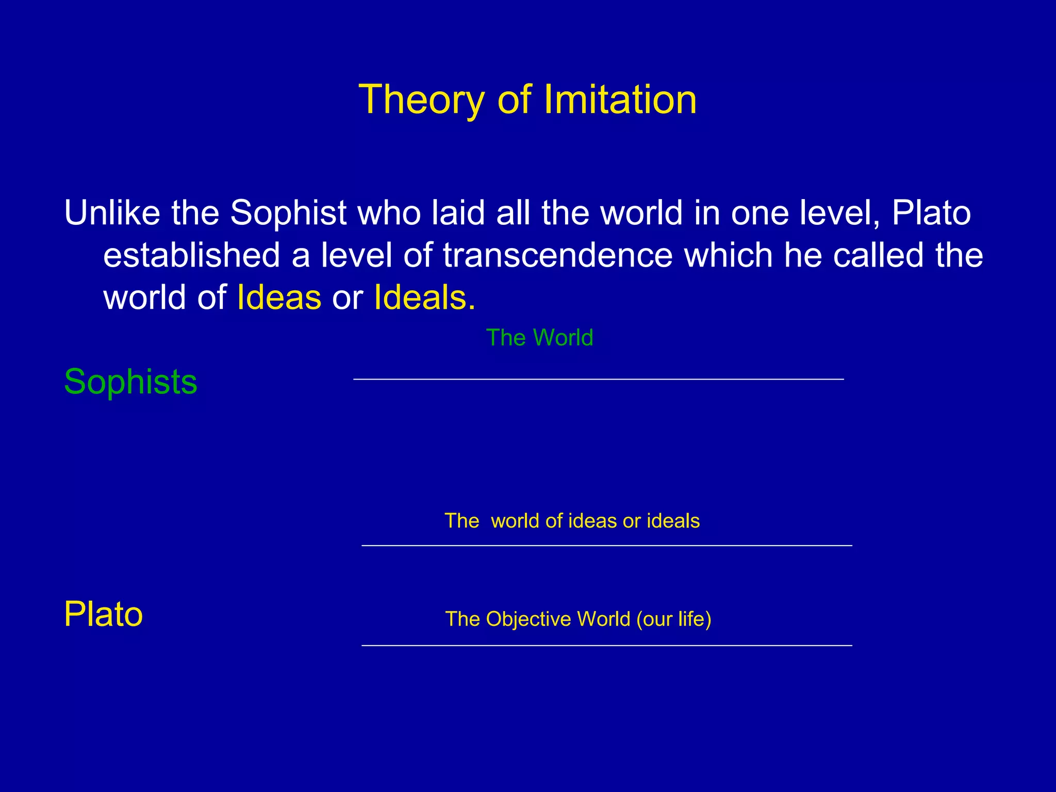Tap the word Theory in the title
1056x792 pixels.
pyautogui.click(x=421, y=100)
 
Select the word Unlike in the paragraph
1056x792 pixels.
pyautogui.click(x=112, y=212)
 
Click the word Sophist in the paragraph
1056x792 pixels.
pyautogui.click(x=288, y=213)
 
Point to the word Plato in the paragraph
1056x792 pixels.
pyautogui.click(x=931, y=212)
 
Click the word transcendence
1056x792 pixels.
pyautogui.click(x=558, y=255)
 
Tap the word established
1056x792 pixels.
pyautogui.click(x=191, y=255)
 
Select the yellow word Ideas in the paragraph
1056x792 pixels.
pyautogui.click(x=279, y=298)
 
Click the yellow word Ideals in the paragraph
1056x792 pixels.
pyautogui.click(x=420, y=298)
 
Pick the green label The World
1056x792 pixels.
pyautogui.click(x=539, y=338)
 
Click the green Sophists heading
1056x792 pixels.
pyautogui.click(x=130, y=382)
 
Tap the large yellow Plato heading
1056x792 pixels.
pyautogui.click(x=103, y=614)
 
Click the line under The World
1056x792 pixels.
pyautogui.click(x=598, y=379)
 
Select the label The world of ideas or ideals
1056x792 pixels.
pyautogui.click(x=572, y=521)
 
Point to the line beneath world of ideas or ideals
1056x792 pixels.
pyautogui.click(x=606, y=545)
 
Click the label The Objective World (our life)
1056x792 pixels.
pyautogui.click(x=578, y=619)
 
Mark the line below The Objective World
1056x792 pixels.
pyautogui.click(x=606, y=646)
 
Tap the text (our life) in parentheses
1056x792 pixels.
pyautogui.click(x=673, y=619)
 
